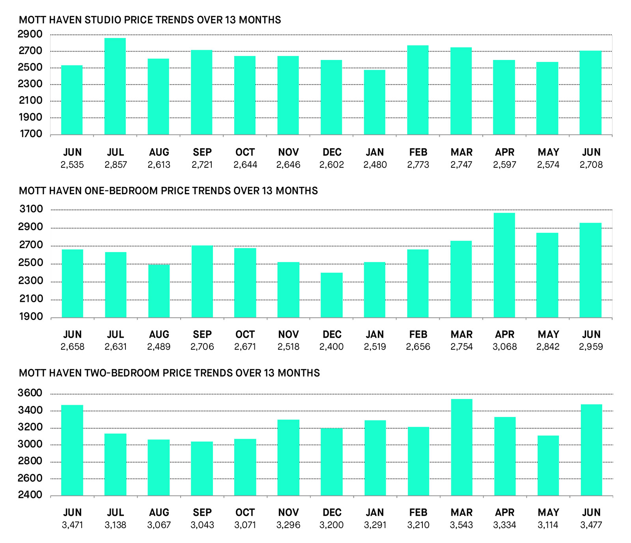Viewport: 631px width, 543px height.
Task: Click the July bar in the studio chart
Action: click(115, 87)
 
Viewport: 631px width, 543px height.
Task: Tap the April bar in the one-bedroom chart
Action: click(504, 265)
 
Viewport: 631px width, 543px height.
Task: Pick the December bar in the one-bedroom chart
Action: click(332, 295)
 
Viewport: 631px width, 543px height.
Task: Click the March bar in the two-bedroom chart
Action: click(461, 447)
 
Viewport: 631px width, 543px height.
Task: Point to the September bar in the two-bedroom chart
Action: click(202, 469)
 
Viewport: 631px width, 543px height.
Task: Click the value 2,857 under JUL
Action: click(116, 165)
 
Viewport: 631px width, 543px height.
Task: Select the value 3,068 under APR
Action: click(504, 347)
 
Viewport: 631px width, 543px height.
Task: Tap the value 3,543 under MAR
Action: click(461, 525)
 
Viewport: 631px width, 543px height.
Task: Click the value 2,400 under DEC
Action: click(332, 347)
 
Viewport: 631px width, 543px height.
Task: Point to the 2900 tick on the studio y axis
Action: click(30, 34)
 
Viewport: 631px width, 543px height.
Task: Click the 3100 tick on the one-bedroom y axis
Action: click(31, 209)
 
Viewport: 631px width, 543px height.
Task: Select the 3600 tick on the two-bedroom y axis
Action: click(30, 393)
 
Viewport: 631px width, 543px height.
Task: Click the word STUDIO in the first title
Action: click(103, 20)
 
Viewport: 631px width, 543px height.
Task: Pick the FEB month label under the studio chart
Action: click(418, 152)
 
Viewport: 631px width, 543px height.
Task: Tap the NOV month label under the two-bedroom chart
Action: click(288, 512)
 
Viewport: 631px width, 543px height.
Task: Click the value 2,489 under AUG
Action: click(159, 347)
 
